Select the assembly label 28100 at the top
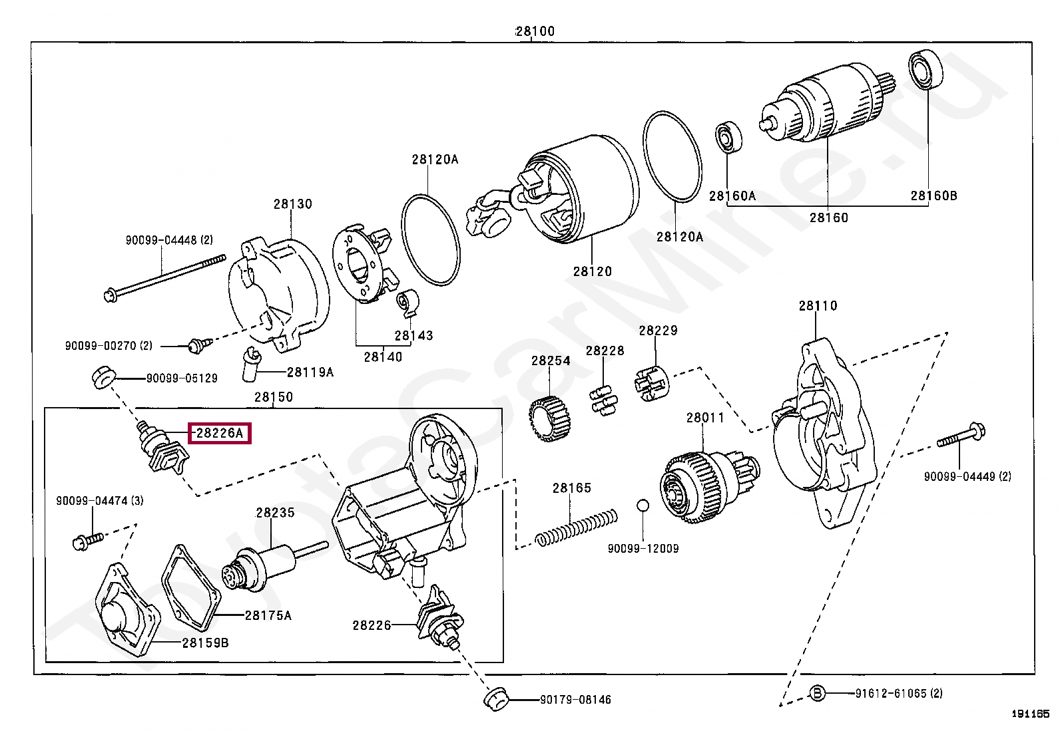(x=535, y=31)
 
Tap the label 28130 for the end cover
(x=292, y=204)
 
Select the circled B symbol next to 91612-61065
(x=817, y=694)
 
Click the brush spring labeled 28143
(x=407, y=303)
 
